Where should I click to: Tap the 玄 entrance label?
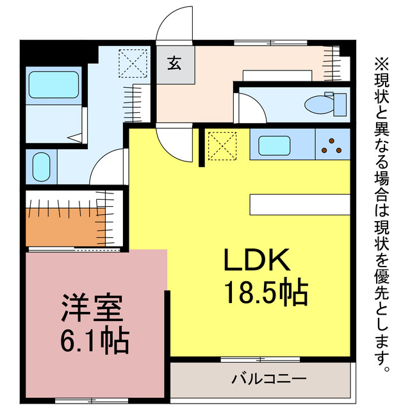pyautogui.click(x=175, y=63)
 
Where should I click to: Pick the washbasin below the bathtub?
pyautogui.click(x=42, y=167)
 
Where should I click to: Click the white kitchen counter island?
pyautogui.click(x=300, y=205)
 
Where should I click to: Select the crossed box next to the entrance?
pyautogui.click(x=133, y=63)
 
